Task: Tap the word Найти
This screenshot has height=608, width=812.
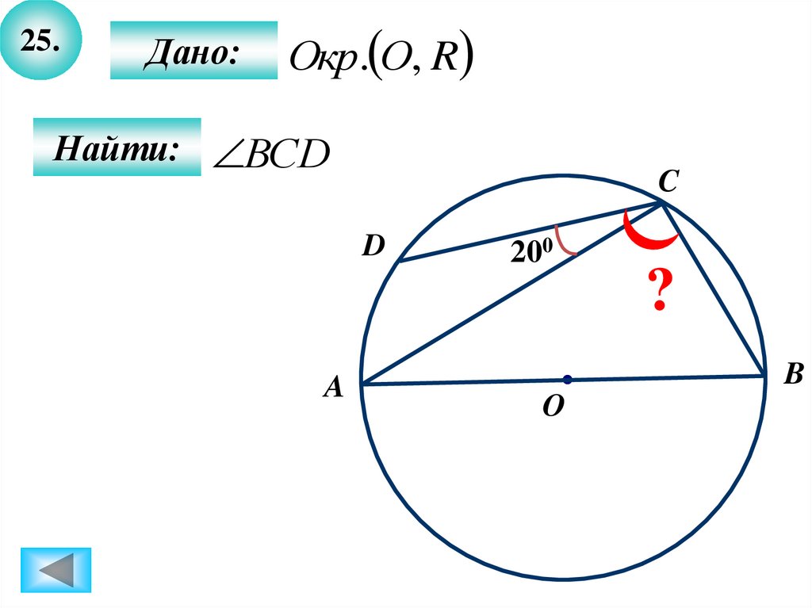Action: coord(116,147)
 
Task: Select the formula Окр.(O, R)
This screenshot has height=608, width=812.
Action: coord(381,57)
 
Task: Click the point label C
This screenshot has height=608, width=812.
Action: coord(667,184)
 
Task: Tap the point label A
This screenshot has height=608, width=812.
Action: coord(333,387)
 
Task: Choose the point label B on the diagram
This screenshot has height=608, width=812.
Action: coord(793,375)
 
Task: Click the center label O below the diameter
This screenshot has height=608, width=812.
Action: coord(553,407)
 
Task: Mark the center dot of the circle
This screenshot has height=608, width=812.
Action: coord(568,379)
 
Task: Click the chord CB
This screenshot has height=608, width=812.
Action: coord(714,289)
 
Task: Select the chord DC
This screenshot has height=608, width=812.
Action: coord(531,231)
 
